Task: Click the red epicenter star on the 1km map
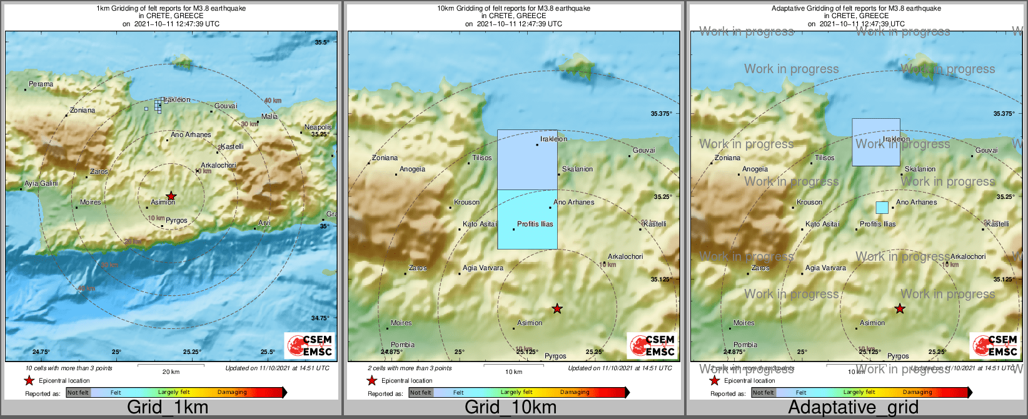click(x=171, y=196)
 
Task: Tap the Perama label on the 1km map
click(x=41, y=84)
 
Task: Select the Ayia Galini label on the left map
click(x=41, y=183)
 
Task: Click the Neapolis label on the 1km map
click(x=318, y=127)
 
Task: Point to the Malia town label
click(x=270, y=116)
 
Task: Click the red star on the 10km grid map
click(x=557, y=308)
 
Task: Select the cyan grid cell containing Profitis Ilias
click(x=527, y=219)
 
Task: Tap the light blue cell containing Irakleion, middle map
click(x=527, y=160)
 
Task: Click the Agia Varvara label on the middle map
click(x=483, y=268)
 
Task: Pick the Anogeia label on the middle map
click(x=412, y=169)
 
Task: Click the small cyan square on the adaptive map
click(x=882, y=207)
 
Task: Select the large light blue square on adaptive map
click(x=876, y=143)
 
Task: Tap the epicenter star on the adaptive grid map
click(x=899, y=308)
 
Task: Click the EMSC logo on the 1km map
click(x=310, y=345)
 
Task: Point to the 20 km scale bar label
click(x=171, y=371)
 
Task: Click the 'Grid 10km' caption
click(x=510, y=408)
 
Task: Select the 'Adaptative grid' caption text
click(x=853, y=408)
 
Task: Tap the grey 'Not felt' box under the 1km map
click(x=78, y=393)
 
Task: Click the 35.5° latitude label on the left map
click(x=321, y=42)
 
